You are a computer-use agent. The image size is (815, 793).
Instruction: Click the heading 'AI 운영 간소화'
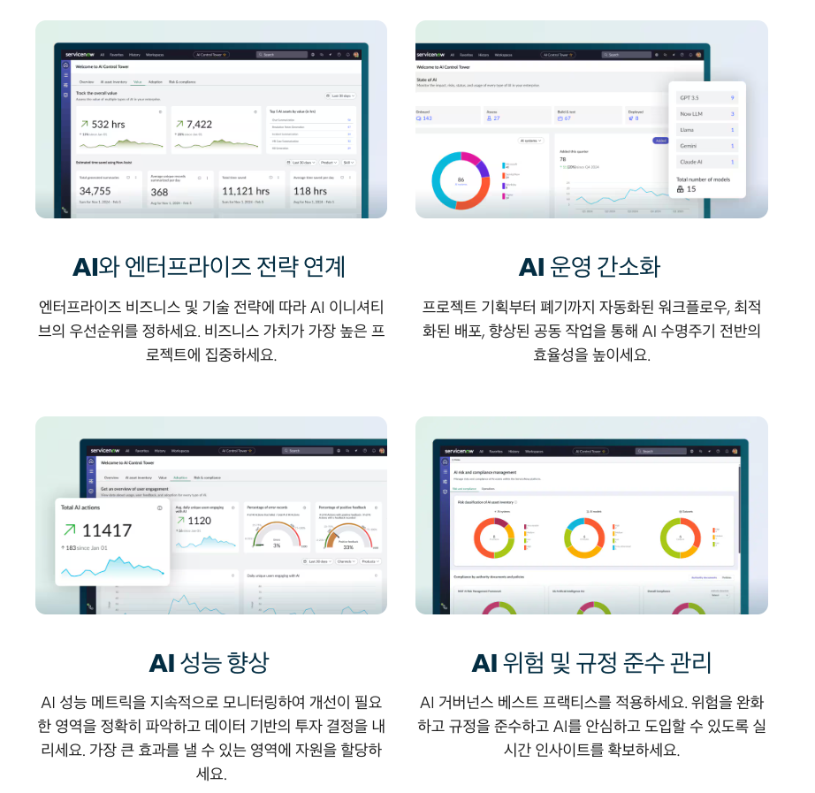[590, 267]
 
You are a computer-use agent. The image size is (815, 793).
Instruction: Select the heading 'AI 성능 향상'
[209, 663]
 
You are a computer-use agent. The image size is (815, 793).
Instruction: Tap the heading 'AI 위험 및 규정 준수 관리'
[590, 663]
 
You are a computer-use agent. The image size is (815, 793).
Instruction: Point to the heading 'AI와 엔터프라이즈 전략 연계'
[209, 267]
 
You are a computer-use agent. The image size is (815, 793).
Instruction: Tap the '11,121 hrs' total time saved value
[246, 191]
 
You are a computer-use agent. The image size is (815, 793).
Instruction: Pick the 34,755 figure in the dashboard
[95, 191]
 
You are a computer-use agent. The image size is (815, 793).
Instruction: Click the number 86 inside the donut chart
[461, 179]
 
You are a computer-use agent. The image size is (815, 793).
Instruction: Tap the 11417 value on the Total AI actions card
[106, 530]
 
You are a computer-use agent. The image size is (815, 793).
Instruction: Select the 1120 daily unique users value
[200, 521]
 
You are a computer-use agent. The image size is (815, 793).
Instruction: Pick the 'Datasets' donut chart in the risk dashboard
[686, 538]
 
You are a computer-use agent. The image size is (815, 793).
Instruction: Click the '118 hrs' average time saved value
[310, 191]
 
